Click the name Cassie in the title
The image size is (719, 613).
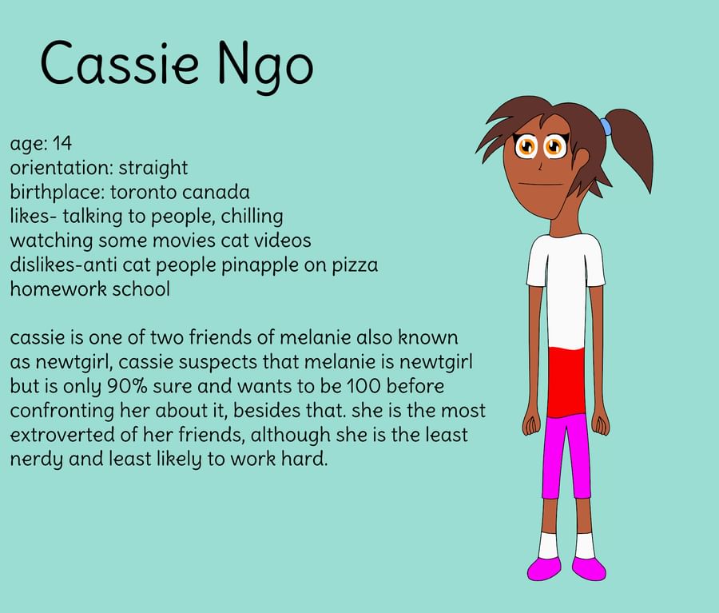(x=120, y=62)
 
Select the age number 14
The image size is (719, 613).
(x=62, y=143)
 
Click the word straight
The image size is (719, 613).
(x=153, y=168)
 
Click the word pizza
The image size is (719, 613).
(x=356, y=265)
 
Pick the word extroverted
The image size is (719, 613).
(x=62, y=435)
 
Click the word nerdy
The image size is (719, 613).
(x=36, y=460)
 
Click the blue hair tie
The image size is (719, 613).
(x=606, y=126)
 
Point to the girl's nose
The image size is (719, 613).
(x=539, y=166)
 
